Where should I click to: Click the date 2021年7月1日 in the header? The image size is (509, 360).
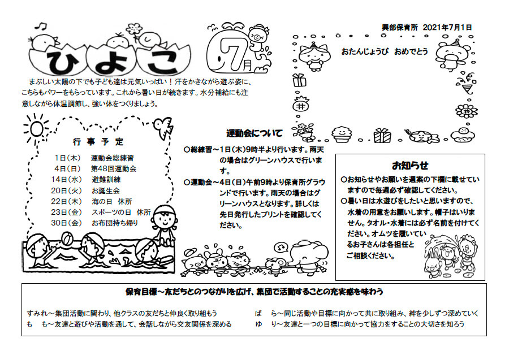point(447,28)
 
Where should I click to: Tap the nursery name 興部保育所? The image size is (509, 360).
point(400,28)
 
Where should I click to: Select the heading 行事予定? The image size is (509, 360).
point(98,142)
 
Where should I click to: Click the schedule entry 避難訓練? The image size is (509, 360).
point(106,180)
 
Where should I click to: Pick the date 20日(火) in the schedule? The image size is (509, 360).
point(67,190)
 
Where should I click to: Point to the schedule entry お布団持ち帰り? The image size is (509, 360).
point(115,223)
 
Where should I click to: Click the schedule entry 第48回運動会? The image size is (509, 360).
point(114,169)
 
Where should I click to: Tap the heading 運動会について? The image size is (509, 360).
point(255,133)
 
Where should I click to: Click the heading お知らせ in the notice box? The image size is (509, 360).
point(411,166)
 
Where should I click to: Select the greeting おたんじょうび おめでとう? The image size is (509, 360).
point(385,51)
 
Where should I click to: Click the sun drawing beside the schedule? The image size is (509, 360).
point(36,128)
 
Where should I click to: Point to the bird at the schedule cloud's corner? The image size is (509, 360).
point(163,126)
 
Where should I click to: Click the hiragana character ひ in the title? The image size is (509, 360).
point(62,60)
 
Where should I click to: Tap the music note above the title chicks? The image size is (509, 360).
point(41,26)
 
